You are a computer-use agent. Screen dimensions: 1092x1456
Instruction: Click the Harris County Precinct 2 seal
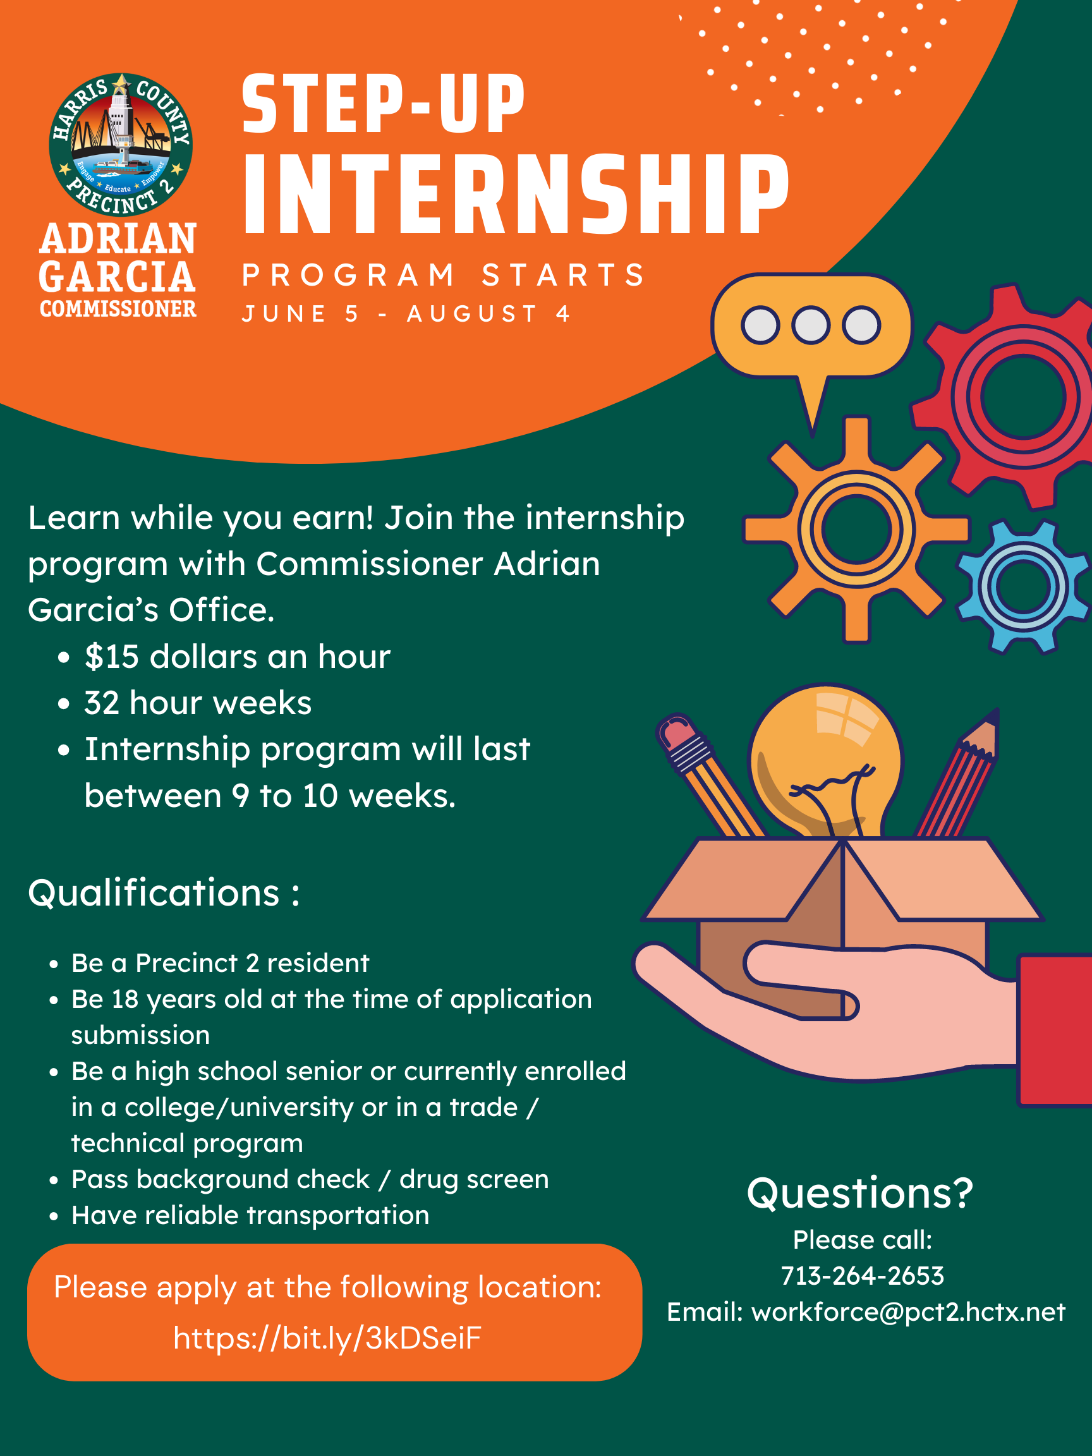coord(121,145)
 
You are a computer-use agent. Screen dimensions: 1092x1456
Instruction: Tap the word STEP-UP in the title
coord(383,104)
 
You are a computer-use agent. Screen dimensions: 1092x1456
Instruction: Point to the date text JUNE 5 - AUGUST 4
coord(406,314)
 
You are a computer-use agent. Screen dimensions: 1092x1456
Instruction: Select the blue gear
coord(1023,586)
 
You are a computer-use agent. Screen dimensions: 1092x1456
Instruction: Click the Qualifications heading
coord(164,893)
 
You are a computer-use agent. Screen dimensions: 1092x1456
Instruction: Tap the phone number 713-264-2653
coord(862,1276)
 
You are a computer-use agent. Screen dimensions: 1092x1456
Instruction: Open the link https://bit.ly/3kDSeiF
coord(327,1338)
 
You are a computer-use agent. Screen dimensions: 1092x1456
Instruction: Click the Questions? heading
coord(859,1192)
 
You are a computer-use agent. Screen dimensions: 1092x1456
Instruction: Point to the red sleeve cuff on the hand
coord(1055,1030)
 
